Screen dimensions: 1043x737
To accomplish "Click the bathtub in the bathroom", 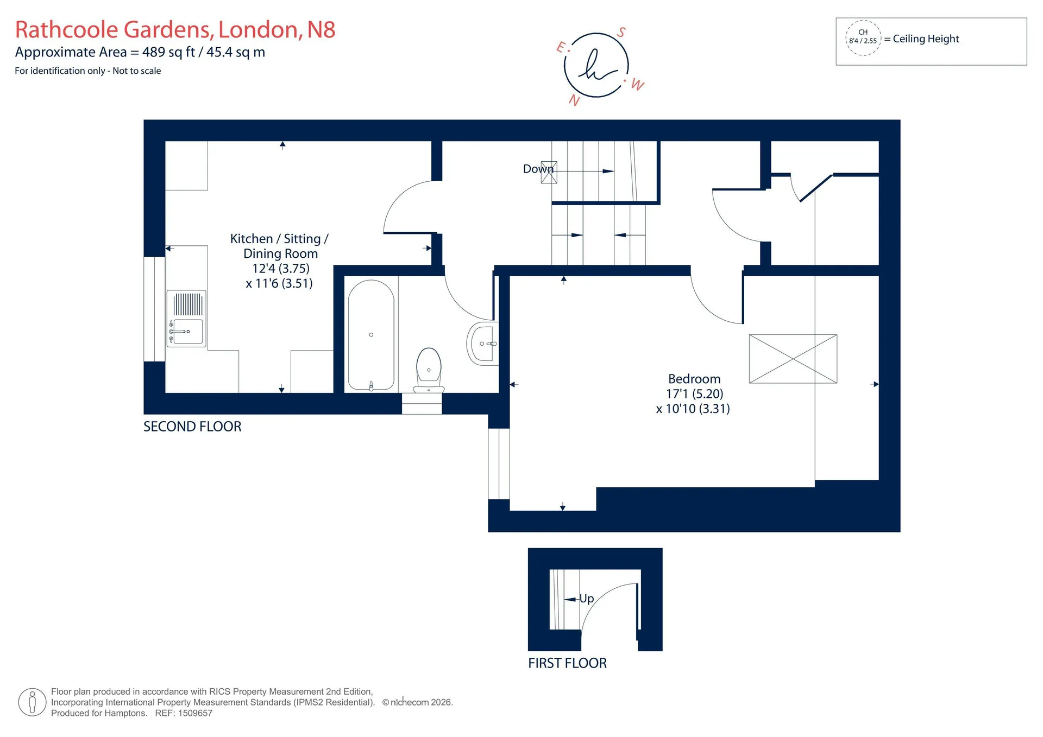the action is coord(371,335).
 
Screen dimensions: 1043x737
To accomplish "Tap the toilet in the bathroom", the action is coord(429,370).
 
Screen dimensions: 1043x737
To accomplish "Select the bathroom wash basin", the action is coord(482,344).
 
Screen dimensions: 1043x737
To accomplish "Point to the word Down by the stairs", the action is coord(538,169).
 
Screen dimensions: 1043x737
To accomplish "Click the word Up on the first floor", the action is coord(587,598).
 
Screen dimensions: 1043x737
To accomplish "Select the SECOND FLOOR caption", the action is coord(192,427).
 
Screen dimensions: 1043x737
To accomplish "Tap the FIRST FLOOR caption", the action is coord(567,663).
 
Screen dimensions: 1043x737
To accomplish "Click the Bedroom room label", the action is coord(694,379).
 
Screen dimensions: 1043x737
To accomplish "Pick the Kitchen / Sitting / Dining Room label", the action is coord(280,246).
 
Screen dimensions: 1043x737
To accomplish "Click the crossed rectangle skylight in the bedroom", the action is coord(793,359).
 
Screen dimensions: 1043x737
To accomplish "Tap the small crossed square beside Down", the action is coord(549,172).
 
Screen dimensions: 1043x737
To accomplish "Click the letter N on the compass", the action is coord(574,100).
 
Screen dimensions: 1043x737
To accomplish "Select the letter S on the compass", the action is coord(621,33).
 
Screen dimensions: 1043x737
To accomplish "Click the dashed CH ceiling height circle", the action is coord(863,38).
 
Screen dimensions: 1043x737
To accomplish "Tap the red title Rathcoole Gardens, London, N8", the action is coord(175,29).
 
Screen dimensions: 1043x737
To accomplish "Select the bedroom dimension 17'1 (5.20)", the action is coord(695,393).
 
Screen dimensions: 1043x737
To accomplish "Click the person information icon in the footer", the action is coord(32,702).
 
